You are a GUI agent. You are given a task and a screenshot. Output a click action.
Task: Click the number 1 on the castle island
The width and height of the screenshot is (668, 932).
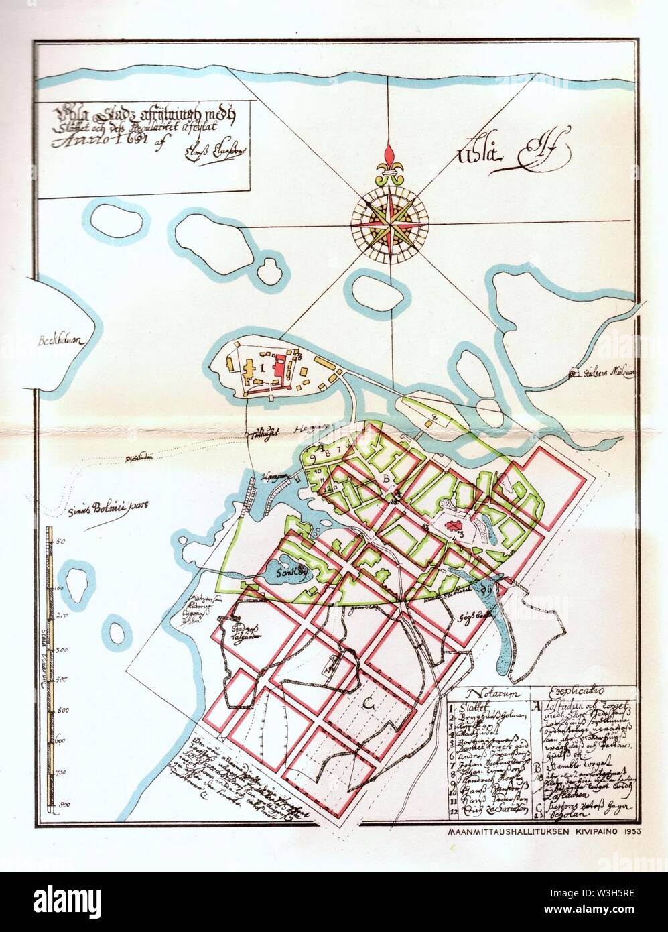point(263,367)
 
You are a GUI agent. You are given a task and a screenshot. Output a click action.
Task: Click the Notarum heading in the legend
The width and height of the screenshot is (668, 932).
point(490,694)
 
